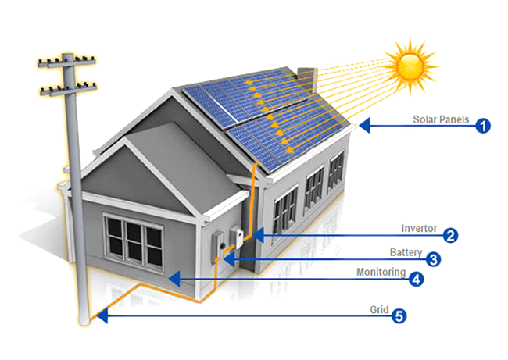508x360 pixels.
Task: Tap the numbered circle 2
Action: (x=450, y=234)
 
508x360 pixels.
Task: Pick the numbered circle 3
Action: (x=431, y=258)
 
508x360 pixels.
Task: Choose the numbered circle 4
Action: (x=417, y=278)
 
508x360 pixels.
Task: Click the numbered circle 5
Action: (x=399, y=316)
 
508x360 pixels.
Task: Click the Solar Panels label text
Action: (x=441, y=120)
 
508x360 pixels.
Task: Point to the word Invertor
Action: (x=419, y=229)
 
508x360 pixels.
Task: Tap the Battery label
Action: (x=406, y=253)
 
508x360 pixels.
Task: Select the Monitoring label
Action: (x=381, y=273)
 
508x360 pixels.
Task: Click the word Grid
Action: (x=378, y=310)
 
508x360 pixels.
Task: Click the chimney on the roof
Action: (x=307, y=78)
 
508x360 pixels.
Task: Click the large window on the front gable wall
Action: (x=134, y=241)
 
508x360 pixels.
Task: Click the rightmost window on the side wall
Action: (x=337, y=172)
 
